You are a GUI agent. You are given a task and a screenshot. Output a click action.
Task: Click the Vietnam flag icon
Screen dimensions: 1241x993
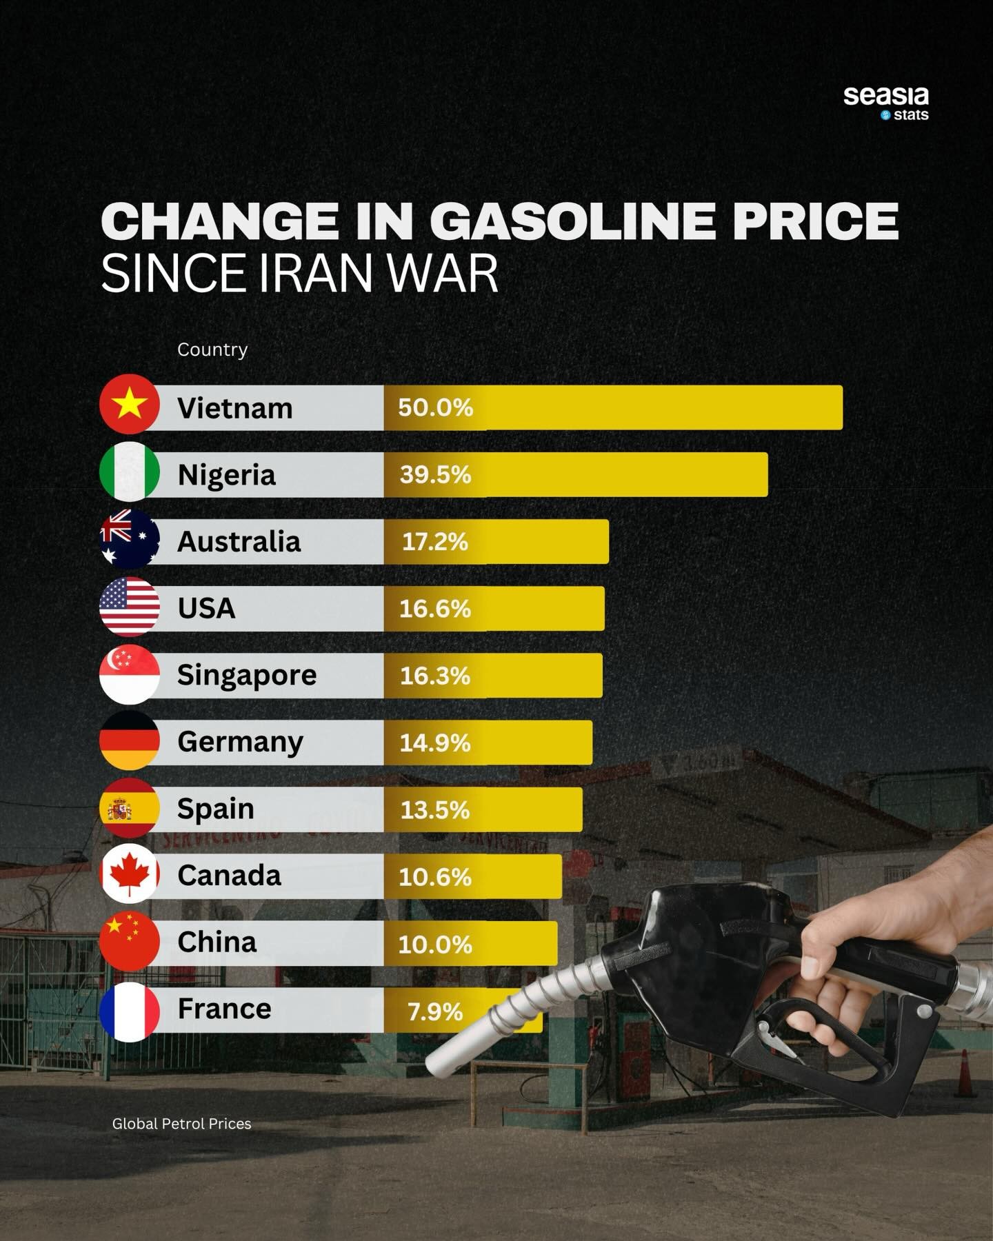tap(130, 405)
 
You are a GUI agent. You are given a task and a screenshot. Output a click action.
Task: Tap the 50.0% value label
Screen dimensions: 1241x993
tap(435, 407)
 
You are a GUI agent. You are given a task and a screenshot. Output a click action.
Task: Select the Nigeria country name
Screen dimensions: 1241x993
tap(226, 475)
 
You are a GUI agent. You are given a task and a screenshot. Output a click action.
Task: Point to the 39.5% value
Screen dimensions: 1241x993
tap(435, 474)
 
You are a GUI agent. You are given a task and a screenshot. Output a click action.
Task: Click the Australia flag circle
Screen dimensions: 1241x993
tap(130, 539)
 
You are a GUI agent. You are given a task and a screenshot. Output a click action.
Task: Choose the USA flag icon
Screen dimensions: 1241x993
tap(130, 607)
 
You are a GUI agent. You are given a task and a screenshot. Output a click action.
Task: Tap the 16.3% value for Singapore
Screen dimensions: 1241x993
tap(435, 676)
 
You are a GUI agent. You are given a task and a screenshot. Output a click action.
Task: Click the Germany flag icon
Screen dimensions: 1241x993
tap(130, 741)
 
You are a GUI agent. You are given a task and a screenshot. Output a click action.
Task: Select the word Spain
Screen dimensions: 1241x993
tap(215, 809)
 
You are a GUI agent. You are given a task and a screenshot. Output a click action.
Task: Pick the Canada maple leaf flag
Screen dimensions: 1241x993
tap(130, 874)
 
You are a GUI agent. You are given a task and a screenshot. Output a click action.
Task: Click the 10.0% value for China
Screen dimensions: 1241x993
tap(435, 944)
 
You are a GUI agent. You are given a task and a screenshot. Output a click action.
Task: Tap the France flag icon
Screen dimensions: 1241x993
tap(130, 1011)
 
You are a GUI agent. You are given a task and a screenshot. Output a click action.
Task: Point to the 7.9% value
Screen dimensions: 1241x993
tap(435, 1011)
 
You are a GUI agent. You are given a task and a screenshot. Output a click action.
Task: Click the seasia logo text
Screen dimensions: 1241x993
tap(885, 96)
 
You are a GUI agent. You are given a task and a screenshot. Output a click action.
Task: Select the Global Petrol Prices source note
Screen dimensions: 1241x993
tap(181, 1124)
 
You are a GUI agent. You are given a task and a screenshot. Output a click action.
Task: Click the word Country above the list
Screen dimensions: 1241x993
tap(212, 350)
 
